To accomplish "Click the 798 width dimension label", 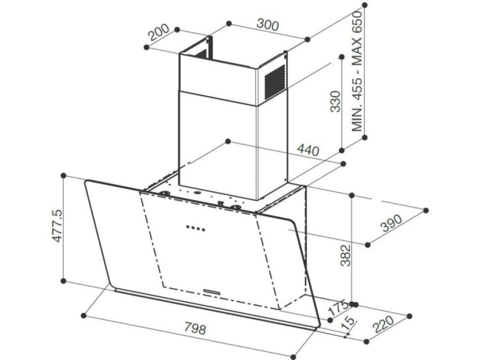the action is coord(196,329).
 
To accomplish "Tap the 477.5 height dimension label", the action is coord(58,226).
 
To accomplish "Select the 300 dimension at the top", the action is coord(268,25).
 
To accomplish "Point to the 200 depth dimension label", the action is coord(159,32).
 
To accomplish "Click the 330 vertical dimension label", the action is coord(335,101).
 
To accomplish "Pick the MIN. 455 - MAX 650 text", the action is coord(357,71).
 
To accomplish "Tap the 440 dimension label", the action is coord(308,150).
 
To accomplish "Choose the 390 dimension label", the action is coord(391,223).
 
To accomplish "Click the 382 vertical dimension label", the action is coord(346,255).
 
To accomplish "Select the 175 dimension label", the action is coord(338,308).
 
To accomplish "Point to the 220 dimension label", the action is coord(384,324).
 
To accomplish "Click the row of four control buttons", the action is coord(196,228).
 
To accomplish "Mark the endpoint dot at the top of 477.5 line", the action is coord(64,175).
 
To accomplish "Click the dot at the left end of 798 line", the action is coord(83,315).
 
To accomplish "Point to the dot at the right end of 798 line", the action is coord(293,357).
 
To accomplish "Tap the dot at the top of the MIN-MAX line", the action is coord(364,5).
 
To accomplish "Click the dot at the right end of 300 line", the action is coord(307,39).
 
